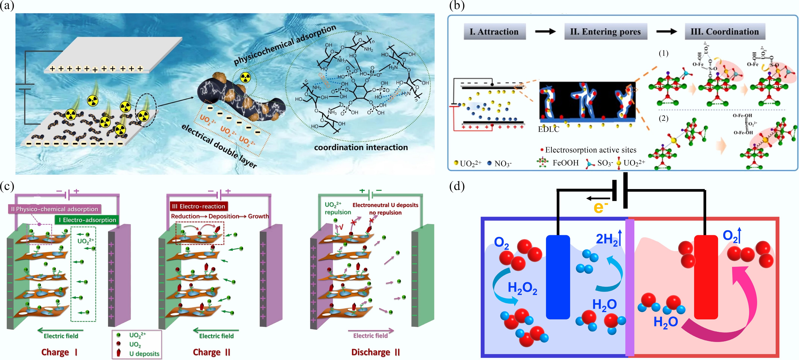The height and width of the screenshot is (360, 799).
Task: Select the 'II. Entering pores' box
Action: [605, 32]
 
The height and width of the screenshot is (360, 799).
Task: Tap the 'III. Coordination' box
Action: [725, 32]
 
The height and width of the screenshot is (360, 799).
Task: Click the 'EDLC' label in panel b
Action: [548, 129]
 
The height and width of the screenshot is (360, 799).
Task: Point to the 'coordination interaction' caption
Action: [361, 147]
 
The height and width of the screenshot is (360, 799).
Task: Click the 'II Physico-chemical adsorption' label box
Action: [55, 209]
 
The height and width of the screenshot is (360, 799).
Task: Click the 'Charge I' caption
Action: [59, 352]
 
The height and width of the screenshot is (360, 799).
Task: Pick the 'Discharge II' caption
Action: [375, 352]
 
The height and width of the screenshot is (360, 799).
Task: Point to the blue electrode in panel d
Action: [558, 277]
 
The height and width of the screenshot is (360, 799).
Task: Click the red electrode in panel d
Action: [706, 277]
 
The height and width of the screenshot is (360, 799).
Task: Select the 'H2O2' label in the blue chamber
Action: [522, 288]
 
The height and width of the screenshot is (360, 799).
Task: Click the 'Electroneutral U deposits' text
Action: [385, 205]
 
